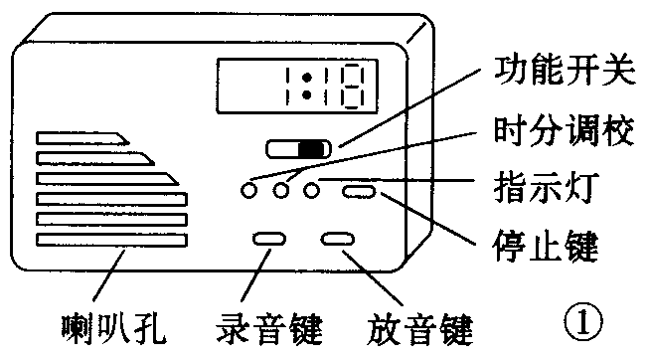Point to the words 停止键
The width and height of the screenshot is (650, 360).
point(549,243)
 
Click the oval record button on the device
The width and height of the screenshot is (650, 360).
point(269,239)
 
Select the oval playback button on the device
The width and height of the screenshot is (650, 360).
point(338,239)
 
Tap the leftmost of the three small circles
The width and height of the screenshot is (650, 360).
point(249,188)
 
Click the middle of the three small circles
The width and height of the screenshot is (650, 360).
point(281,188)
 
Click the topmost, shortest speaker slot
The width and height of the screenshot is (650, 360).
point(80,137)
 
